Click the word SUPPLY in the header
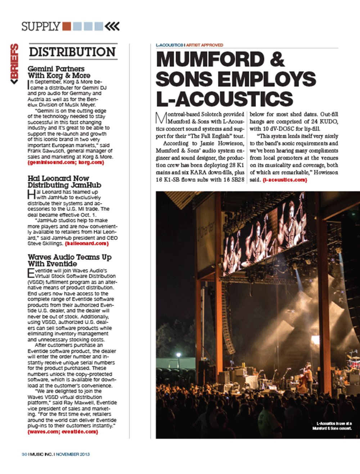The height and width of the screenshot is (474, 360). (x=41, y=27)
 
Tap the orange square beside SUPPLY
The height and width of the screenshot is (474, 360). (x=66, y=26)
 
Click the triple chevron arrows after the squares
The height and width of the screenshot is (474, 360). (x=112, y=26)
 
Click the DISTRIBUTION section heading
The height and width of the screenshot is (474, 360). (x=72, y=52)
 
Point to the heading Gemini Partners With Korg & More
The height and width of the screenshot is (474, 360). (x=59, y=72)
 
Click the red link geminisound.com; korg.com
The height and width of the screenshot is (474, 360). (x=66, y=163)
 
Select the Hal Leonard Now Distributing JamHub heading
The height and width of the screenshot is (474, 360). (x=64, y=182)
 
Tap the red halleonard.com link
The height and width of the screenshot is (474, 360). (x=87, y=243)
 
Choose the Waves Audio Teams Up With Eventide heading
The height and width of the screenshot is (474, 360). (x=69, y=260)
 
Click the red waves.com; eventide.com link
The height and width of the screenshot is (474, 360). (x=63, y=432)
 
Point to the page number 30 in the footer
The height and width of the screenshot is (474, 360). (x=24, y=454)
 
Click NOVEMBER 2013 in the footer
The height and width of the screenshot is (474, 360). (x=73, y=454)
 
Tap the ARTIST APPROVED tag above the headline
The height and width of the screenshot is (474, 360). (x=204, y=45)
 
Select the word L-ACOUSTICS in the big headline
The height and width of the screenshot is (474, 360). (x=225, y=99)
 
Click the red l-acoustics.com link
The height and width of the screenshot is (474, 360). (x=285, y=180)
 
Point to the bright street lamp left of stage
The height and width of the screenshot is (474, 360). (x=178, y=355)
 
